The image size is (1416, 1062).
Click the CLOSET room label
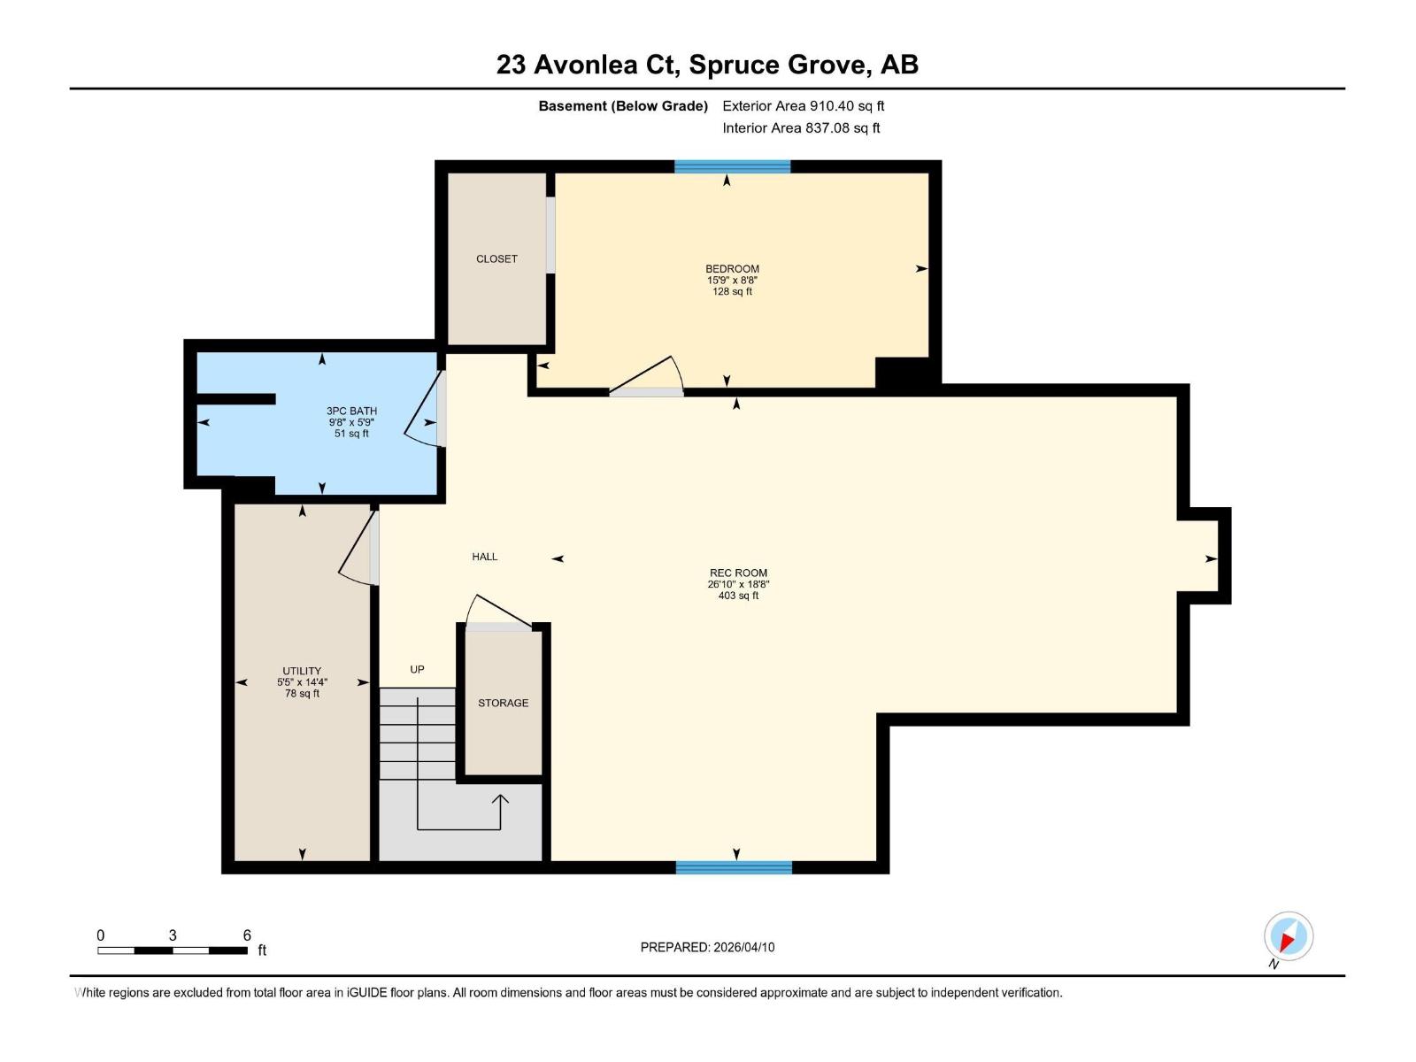(x=496, y=259)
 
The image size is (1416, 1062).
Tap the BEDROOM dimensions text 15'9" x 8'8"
(x=732, y=281)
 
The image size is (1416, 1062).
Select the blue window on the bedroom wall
(x=732, y=166)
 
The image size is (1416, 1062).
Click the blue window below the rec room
(x=734, y=868)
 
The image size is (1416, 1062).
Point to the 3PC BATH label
(x=351, y=411)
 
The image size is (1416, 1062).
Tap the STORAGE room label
(x=503, y=703)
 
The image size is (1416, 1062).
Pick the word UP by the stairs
(x=417, y=670)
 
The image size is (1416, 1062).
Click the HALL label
(x=484, y=557)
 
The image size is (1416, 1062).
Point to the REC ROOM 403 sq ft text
(x=738, y=596)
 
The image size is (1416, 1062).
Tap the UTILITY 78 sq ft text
(x=302, y=694)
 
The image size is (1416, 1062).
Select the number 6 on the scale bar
(x=247, y=935)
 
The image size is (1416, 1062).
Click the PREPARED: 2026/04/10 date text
(x=707, y=947)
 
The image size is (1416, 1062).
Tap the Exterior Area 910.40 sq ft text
(x=803, y=106)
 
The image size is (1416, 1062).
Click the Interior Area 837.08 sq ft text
(x=801, y=128)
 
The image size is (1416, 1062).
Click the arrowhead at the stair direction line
(x=500, y=798)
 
